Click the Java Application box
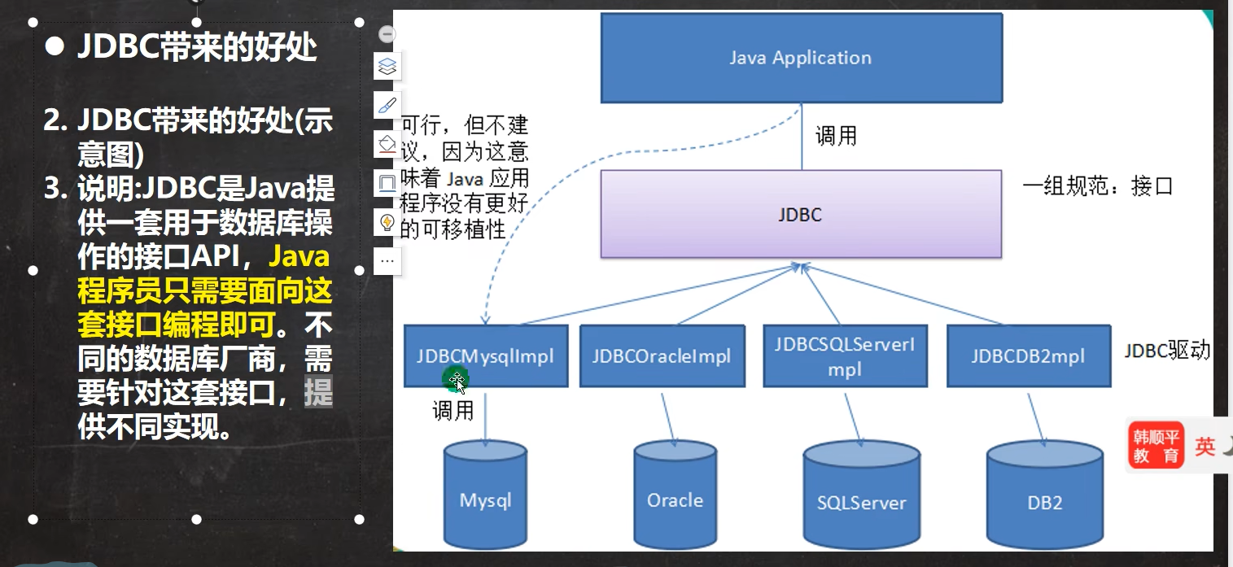click(801, 58)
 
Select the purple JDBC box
click(801, 215)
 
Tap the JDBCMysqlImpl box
click(485, 356)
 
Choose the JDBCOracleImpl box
click(662, 356)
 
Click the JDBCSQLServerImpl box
click(845, 356)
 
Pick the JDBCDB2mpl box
click(1029, 356)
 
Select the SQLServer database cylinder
click(861, 500)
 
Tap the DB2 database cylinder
click(1044, 500)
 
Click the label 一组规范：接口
click(1098, 186)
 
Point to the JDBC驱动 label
click(1167, 351)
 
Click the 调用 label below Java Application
click(837, 136)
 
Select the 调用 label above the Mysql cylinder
click(453, 412)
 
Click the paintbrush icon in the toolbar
click(388, 105)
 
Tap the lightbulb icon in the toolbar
click(388, 222)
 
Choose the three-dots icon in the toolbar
click(388, 261)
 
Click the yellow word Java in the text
click(299, 258)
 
